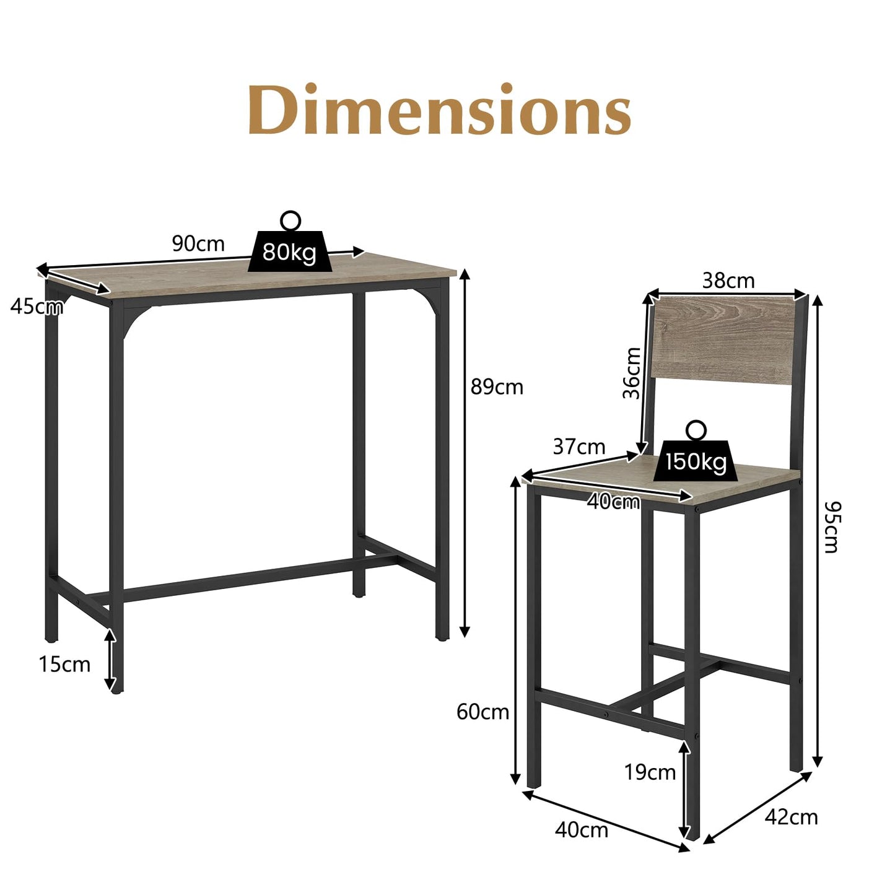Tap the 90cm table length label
(198, 244)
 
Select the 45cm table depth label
(36, 306)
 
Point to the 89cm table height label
(497, 387)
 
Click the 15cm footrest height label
(64, 665)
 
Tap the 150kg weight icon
(696, 460)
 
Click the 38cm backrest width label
(728, 281)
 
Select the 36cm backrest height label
(632, 373)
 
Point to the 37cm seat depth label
(578, 446)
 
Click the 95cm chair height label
(833, 526)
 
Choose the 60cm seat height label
(482, 712)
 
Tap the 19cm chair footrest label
(650, 772)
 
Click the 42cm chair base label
(791, 817)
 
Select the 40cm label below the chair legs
(581, 830)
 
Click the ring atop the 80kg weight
(290, 220)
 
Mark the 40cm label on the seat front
(613, 502)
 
